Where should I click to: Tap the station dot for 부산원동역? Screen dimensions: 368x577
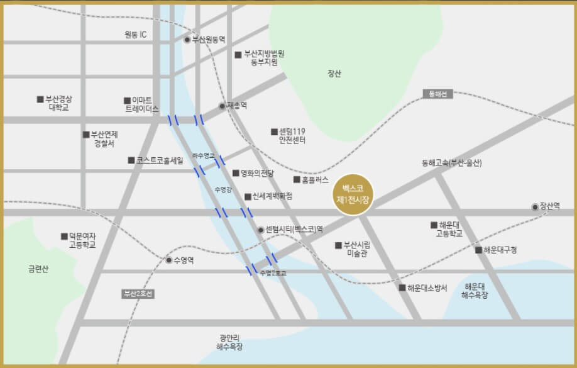click(187, 40)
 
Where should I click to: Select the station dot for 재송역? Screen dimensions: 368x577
click(222, 106)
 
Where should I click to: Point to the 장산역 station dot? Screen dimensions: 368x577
click(535, 206)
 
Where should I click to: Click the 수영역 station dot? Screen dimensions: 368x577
click(168, 260)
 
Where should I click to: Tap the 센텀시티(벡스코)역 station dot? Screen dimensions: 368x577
click(261, 230)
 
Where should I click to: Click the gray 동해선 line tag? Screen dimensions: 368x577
click(437, 94)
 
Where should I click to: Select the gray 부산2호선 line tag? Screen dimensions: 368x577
click(138, 294)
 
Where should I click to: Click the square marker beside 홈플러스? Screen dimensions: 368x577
click(297, 179)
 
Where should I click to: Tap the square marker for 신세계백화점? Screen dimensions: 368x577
click(248, 196)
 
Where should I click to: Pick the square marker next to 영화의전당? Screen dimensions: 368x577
click(236, 173)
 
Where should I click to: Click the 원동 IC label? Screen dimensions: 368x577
click(135, 35)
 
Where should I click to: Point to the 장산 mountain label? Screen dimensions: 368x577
click(334, 74)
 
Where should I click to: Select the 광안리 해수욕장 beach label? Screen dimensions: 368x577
click(229, 342)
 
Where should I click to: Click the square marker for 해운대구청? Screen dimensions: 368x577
click(479, 250)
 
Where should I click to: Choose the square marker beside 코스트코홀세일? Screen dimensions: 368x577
click(131, 160)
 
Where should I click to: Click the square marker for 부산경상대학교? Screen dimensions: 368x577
click(40, 99)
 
